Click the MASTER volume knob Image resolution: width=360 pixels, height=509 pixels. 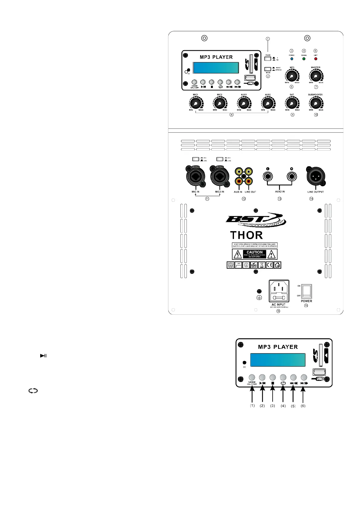click(x=316, y=76)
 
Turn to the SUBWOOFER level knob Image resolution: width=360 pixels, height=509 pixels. click(x=316, y=103)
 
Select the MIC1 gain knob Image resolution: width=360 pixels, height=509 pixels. click(x=196, y=103)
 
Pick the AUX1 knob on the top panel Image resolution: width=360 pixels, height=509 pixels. click(x=244, y=103)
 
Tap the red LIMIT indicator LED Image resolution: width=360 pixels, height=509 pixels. click(x=316, y=59)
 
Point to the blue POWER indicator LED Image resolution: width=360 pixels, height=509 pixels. click(x=292, y=59)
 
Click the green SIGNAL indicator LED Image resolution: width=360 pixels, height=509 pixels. click(x=304, y=59)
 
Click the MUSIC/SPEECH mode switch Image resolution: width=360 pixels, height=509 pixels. click(x=268, y=69)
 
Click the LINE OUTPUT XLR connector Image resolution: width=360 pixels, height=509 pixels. click(x=316, y=176)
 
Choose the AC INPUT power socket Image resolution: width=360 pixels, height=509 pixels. click(x=279, y=291)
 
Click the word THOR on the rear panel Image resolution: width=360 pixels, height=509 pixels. click(x=246, y=235)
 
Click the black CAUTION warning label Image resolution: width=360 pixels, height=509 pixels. click(x=255, y=254)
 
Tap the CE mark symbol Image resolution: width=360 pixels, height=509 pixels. click(x=269, y=265)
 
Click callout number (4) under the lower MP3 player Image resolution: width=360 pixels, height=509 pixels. click(x=283, y=406)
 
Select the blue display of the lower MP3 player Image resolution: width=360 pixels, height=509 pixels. click(x=277, y=360)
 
